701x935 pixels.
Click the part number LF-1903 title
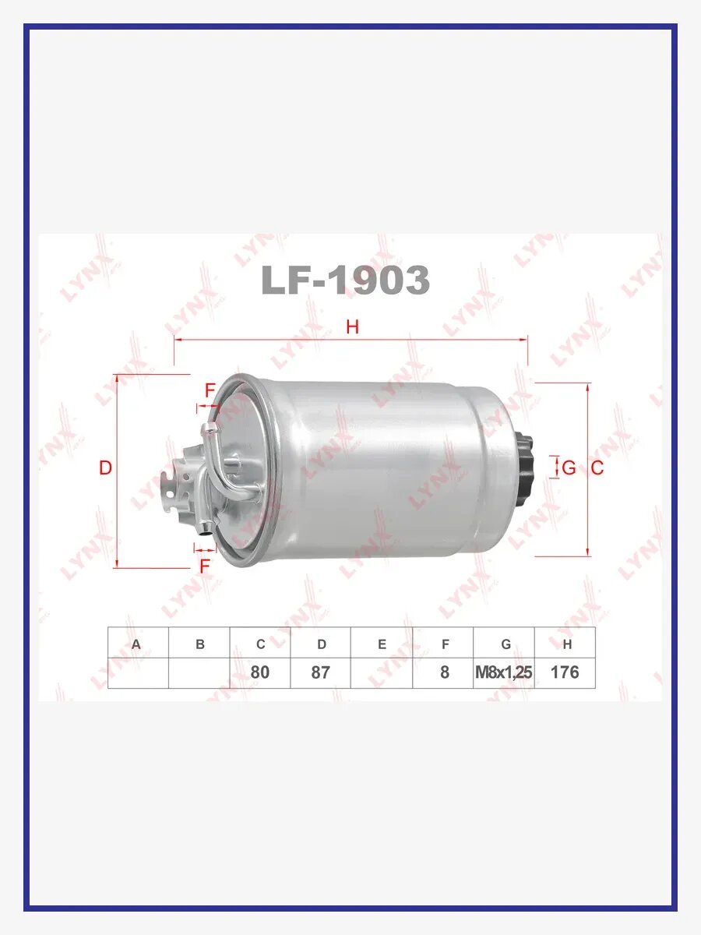coord(345,280)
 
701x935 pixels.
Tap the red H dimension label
coord(352,326)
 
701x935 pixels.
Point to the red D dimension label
coord(105,467)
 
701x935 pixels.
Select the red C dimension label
coord(597,467)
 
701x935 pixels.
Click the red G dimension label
coord(569,467)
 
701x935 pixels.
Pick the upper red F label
coord(210,390)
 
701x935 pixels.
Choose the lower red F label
coord(205,566)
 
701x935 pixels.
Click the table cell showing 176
coord(565,672)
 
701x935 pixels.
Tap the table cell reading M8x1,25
coord(504,672)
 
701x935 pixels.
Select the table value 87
coord(320,672)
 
